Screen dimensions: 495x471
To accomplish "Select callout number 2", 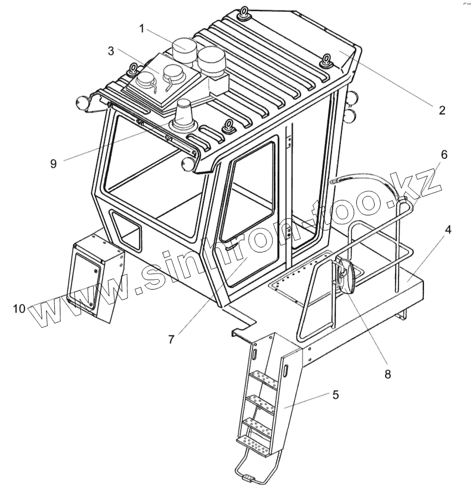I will (x=442, y=110).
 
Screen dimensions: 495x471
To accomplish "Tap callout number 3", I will (x=111, y=51).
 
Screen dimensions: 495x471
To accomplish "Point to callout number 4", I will (x=448, y=229).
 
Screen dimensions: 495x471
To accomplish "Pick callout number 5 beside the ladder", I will (x=335, y=395).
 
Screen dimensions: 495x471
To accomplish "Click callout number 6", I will (x=444, y=155).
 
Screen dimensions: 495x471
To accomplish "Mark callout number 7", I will (x=171, y=339).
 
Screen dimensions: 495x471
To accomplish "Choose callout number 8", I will (x=387, y=374).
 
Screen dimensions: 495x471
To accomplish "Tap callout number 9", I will (x=53, y=164).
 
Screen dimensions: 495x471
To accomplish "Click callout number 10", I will (x=19, y=308).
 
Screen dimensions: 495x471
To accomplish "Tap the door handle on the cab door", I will (x=233, y=246).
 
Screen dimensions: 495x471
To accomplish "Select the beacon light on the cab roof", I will (x=183, y=115).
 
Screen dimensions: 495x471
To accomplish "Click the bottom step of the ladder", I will (x=253, y=444).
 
